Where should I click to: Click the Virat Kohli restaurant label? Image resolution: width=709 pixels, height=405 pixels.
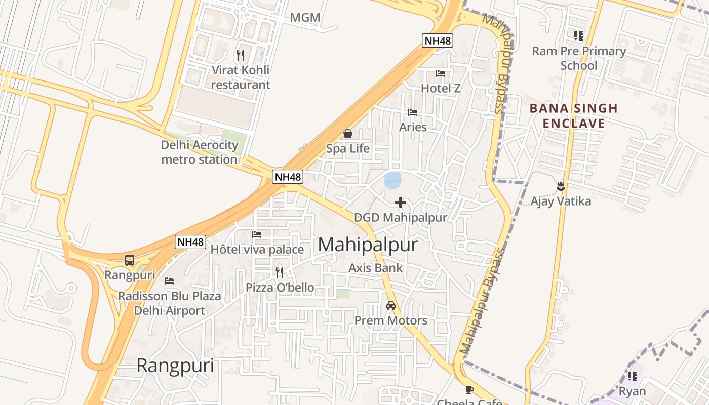coord(241,77)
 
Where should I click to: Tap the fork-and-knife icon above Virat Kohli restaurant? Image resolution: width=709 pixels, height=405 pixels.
coord(241,55)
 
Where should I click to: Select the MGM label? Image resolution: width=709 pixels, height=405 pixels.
coord(305,18)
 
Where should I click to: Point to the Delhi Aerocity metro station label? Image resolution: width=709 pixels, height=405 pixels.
coord(200,152)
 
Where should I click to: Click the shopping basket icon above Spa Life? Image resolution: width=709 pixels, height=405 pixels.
coord(348,134)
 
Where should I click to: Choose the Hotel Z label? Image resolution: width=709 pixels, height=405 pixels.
coord(441,88)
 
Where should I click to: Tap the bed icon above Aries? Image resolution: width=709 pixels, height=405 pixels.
coord(413,112)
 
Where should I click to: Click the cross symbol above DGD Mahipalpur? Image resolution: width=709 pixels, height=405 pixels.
coord(401,202)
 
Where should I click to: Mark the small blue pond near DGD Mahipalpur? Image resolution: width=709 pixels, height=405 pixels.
coord(392,180)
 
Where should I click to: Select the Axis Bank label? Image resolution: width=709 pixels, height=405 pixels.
coord(376,268)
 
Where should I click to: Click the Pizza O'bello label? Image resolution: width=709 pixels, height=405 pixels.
coord(280,288)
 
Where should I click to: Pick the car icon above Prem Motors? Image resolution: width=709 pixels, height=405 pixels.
coord(391,305)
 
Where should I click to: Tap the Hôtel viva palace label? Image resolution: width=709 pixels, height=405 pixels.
coord(257,249)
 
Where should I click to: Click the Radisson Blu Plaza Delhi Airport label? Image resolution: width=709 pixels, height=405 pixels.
coord(170,303)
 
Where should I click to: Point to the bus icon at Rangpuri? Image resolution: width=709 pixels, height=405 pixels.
coord(130,260)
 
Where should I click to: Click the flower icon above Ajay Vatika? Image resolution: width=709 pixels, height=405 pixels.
coord(561,186)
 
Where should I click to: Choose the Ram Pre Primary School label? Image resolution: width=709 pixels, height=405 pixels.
coord(579,58)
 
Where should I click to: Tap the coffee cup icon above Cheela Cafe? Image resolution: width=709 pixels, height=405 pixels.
coord(469,390)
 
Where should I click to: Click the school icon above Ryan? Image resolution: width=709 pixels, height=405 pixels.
coord(633,376)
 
